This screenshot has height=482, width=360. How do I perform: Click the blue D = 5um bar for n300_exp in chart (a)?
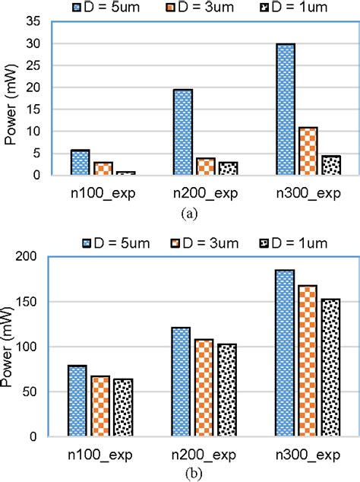pos(286,110)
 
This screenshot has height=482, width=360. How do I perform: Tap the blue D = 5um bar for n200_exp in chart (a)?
pos(183,133)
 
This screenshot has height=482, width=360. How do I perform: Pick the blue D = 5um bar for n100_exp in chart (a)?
pos(80,163)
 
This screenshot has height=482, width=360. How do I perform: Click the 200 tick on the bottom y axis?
pos(31,257)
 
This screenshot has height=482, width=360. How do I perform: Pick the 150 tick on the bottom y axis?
pos(31,302)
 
